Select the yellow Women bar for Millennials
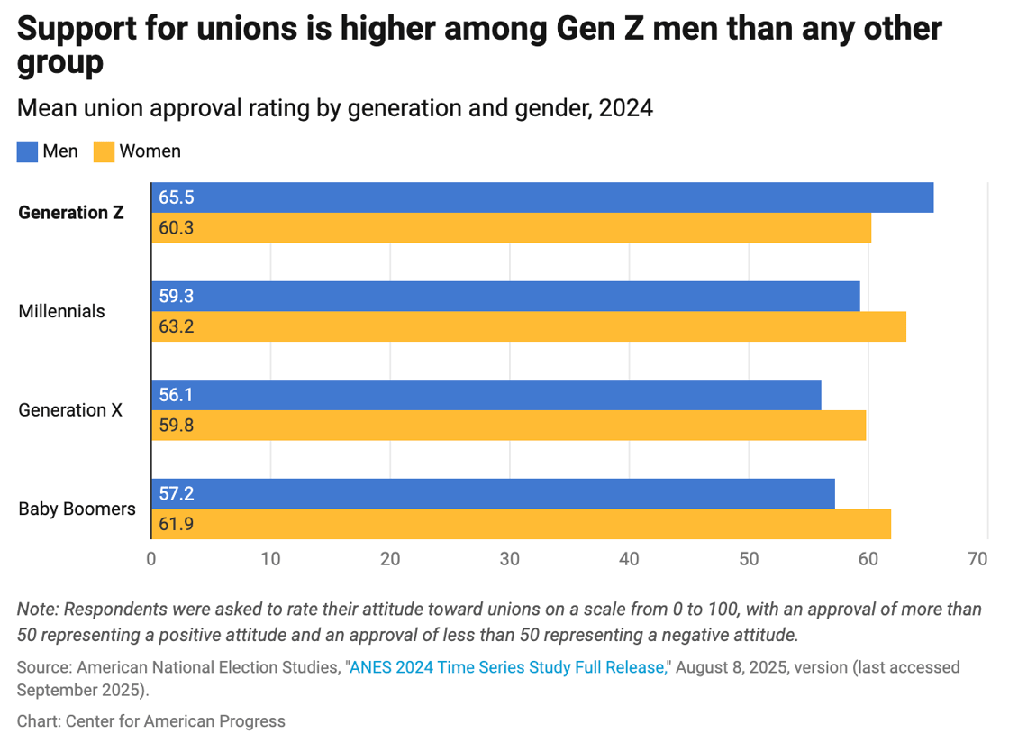click(528, 326)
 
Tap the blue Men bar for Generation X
click(486, 395)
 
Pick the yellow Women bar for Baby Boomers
click(521, 524)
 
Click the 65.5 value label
click(177, 197)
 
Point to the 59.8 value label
click(177, 426)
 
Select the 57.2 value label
click(177, 493)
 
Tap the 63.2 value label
click(177, 326)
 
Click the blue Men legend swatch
click(27, 151)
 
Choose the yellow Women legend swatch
click(104, 151)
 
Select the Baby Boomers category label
click(77, 509)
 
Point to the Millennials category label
click(61, 311)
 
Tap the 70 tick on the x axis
click(977, 559)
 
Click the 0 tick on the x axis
click(151, 559)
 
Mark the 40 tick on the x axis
click(629, 559)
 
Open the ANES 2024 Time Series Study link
click(509, 667)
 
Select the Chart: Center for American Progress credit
click(150, 720)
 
